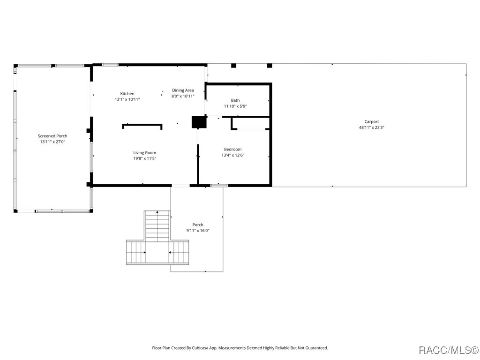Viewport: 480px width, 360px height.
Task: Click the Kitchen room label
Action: point(127,94)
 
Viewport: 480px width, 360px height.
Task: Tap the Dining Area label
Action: point(183,90)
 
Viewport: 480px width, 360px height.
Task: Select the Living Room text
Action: point(144,153)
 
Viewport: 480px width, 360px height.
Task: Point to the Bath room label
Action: point(235,100)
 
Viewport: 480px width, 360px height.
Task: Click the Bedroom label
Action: point(232,150)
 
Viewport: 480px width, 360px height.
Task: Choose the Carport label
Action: point(372,122)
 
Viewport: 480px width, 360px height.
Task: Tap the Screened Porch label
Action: point(52,136)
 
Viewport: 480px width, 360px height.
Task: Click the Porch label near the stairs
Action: point(198,225)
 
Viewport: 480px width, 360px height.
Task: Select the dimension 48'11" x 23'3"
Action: point(372,127)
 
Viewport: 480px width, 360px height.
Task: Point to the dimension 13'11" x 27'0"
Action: point(52,142)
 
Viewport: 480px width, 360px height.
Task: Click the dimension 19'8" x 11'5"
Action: point(144,158)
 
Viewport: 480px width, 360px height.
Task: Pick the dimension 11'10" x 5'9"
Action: point(235,106)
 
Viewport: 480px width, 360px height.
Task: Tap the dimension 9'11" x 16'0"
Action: point(198,231)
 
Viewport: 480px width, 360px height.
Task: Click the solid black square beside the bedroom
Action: point(199,122)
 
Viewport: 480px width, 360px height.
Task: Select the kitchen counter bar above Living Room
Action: point(142,125)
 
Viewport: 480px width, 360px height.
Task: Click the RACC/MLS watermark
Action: point(448,350)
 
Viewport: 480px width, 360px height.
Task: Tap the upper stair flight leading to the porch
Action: point(157,225)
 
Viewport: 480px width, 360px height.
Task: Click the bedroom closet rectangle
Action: point(251,123)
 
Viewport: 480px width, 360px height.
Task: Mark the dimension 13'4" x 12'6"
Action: point(232,155)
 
